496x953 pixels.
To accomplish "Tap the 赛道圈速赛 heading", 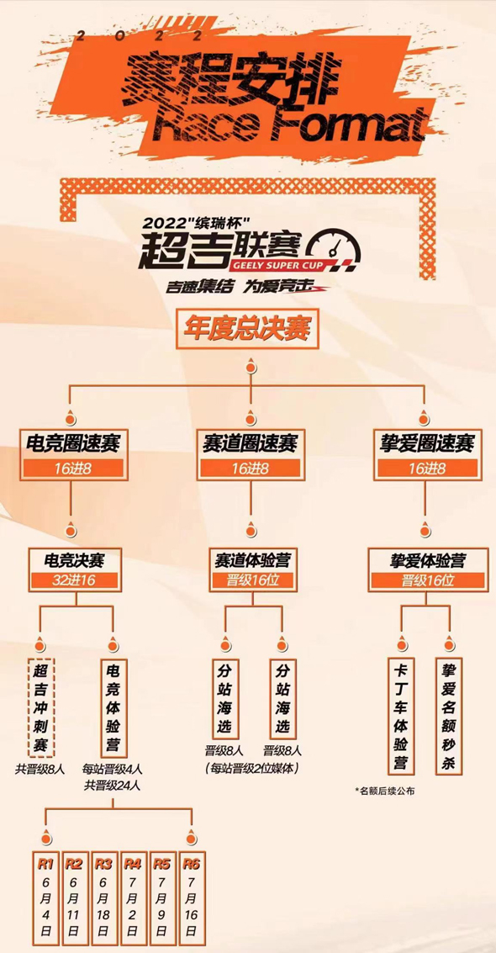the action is click(x=250, y=443).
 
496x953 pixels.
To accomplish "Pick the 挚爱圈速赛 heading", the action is click(x=425, y=443).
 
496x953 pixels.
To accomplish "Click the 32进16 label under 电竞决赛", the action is click(x=76, y=580).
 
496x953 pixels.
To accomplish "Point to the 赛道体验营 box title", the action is click(x=252, y=559).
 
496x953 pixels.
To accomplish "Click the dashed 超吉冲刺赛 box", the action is click(x=41, y=707).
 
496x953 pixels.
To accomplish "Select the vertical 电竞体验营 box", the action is click(x=113, y=707).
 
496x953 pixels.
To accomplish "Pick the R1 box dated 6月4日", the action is click(x=45, y=897).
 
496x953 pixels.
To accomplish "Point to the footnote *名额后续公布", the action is click(x=386, y=791).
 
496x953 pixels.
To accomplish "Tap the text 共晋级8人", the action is click(x=40, y=768).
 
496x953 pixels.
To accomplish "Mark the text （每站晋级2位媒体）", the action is click(x=252, y=768).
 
